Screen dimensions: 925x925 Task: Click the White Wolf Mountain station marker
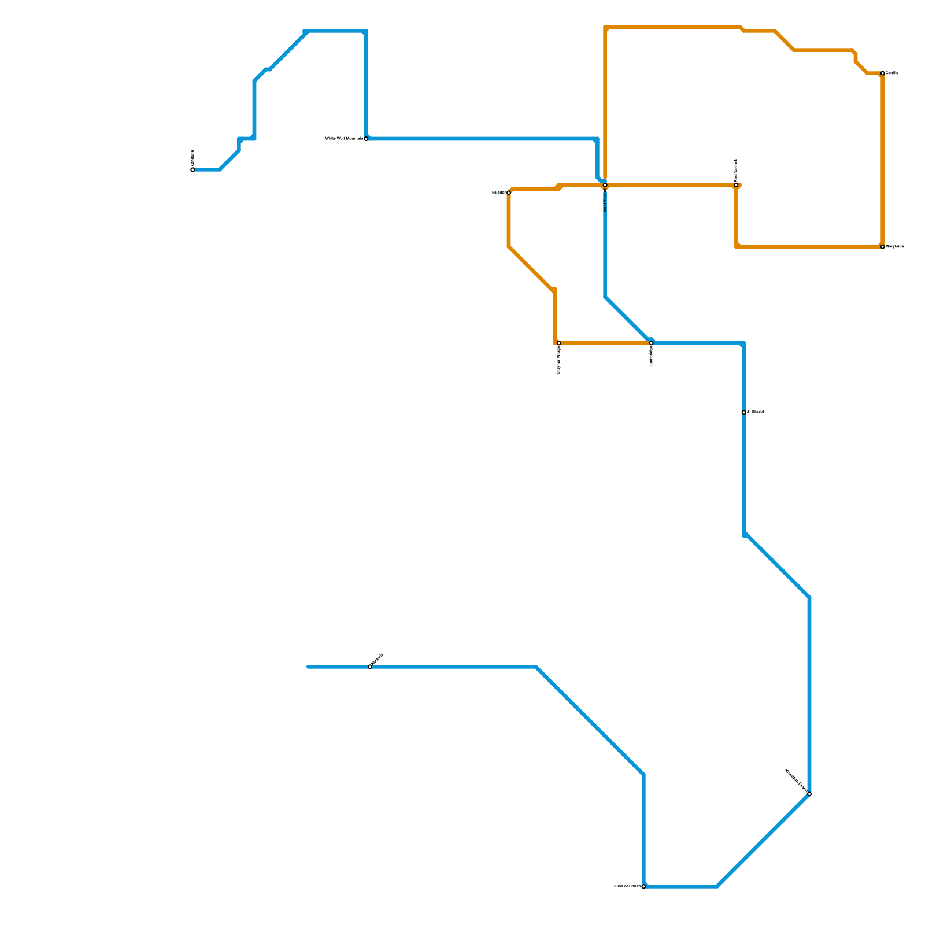366,139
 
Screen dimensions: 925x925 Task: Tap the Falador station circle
509,193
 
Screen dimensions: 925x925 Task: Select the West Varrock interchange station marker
605,185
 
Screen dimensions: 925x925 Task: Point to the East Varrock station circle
736,185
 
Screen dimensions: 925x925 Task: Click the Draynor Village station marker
558,343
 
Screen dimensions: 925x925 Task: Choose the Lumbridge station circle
651,343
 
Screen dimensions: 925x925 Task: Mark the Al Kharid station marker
743,412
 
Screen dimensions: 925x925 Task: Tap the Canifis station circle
882,73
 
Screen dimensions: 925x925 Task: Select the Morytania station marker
882,247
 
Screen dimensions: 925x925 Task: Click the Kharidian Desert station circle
809,794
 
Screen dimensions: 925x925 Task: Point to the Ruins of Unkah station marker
643,886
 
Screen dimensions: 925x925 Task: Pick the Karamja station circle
370,667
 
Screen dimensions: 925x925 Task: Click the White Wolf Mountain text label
344,139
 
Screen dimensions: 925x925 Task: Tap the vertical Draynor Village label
559,360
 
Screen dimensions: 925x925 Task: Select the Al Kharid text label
755,412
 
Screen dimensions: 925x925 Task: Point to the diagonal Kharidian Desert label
795,780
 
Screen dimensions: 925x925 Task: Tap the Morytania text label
894,247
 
